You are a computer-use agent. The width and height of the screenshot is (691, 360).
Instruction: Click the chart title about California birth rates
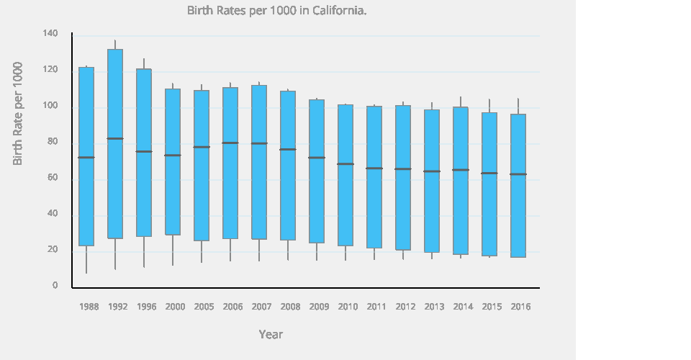277,11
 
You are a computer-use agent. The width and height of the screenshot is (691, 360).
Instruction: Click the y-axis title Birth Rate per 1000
18,114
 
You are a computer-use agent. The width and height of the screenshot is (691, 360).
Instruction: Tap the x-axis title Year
271,335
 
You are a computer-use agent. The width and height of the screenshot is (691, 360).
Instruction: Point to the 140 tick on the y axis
50,34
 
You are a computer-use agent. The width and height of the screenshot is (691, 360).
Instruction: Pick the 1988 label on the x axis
89,307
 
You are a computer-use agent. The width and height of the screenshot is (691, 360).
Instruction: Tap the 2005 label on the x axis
204,307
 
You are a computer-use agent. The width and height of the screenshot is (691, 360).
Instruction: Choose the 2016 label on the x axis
520,307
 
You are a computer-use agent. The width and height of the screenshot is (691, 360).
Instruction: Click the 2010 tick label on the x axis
348,307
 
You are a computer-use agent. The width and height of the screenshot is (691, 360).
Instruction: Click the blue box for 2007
259,108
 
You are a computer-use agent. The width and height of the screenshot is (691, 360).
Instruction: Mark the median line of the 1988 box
86,157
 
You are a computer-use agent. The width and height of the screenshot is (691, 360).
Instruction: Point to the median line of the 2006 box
230,143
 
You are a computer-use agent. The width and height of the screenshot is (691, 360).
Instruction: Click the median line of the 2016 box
518,174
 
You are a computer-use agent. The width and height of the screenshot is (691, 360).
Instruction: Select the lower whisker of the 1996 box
144,252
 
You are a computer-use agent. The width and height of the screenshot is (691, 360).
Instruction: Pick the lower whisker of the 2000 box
173,251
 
